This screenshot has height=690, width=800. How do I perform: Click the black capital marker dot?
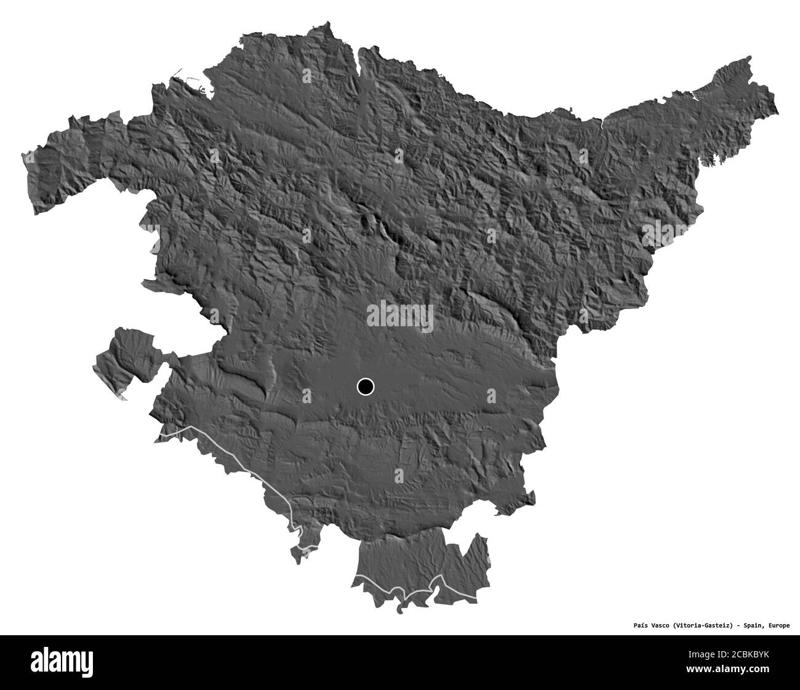[x=365, y=387]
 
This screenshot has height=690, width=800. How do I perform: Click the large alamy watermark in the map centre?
[x=400, y=316]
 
